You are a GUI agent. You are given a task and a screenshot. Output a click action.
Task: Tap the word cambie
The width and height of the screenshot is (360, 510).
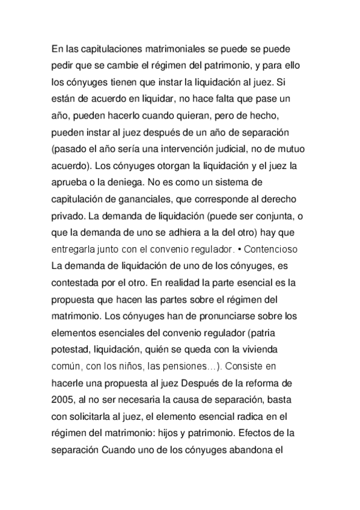[123, 64]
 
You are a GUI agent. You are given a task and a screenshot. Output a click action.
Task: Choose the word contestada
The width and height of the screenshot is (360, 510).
[77, 281]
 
